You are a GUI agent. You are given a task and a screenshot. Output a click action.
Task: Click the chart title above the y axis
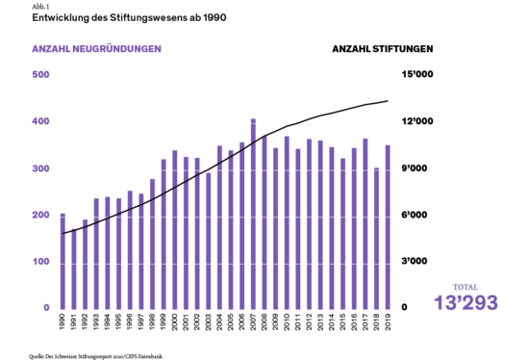[96, 48]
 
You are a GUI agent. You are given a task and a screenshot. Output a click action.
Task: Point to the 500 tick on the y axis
[40, 74]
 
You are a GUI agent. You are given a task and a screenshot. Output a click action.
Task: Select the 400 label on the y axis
[40, 121]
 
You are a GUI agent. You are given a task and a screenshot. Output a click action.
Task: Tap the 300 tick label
[40, 168]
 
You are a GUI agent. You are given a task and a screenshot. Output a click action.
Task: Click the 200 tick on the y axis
[40, 215]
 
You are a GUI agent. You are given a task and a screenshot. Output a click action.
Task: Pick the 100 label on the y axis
[40, 261]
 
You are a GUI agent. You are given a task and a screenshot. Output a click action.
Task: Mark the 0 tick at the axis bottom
[45, 307]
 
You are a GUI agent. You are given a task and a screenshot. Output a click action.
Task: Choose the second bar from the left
[74, 270]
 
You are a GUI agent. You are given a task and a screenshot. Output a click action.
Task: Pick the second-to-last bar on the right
[376, 241]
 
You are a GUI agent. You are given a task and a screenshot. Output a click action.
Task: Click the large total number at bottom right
[466, 303]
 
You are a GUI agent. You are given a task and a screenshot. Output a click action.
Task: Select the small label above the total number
[466, 287]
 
